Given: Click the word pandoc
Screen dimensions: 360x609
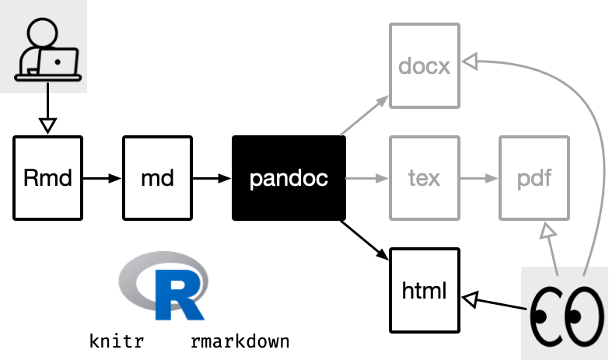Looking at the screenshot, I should tap(289, 179).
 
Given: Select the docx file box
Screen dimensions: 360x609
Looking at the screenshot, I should tap(425, 65).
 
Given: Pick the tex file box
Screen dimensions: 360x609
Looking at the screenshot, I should tap(425, 178).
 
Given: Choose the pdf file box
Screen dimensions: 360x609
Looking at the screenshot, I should tap(534, 178).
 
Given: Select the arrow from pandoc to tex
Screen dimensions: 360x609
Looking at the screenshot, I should tap(366, 179).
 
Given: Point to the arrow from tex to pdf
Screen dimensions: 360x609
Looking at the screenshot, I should tap(479, 178).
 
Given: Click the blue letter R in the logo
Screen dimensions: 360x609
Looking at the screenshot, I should tap(179, 296).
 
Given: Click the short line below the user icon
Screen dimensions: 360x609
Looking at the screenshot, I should tap(48, 88).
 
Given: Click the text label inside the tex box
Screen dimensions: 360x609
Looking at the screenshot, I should tap(425, 178).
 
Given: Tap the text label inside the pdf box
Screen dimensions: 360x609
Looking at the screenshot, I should tap(534, 178).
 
